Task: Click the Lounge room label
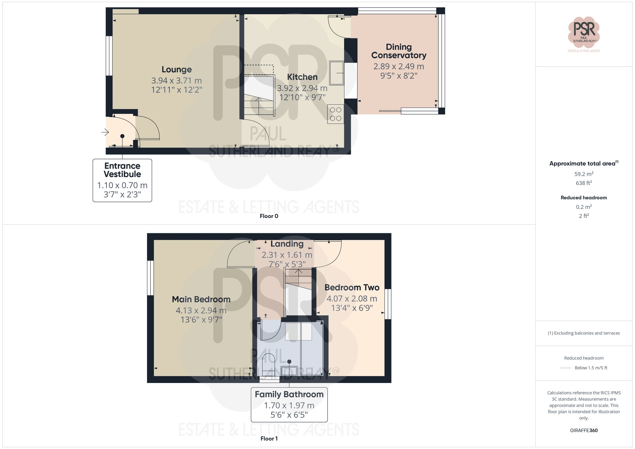point(177,69)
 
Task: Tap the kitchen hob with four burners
point(336,114)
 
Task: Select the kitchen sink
point(336,73)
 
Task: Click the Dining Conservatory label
point(398,51)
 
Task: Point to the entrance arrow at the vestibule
point(105,132)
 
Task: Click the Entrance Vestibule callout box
point(122,180)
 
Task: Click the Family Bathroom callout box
point(289,405)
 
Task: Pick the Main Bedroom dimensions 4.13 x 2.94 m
point(201,310)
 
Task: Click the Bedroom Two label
point(352,287)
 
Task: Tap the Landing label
point(287,244)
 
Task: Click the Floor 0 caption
point(269,216)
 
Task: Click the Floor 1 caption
point(269,439)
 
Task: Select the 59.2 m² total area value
point(584,174)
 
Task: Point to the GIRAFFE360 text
point(584,430)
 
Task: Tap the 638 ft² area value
point(584,183)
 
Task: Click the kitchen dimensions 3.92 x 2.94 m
point(302,88)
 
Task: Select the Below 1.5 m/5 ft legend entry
point(591,368)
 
